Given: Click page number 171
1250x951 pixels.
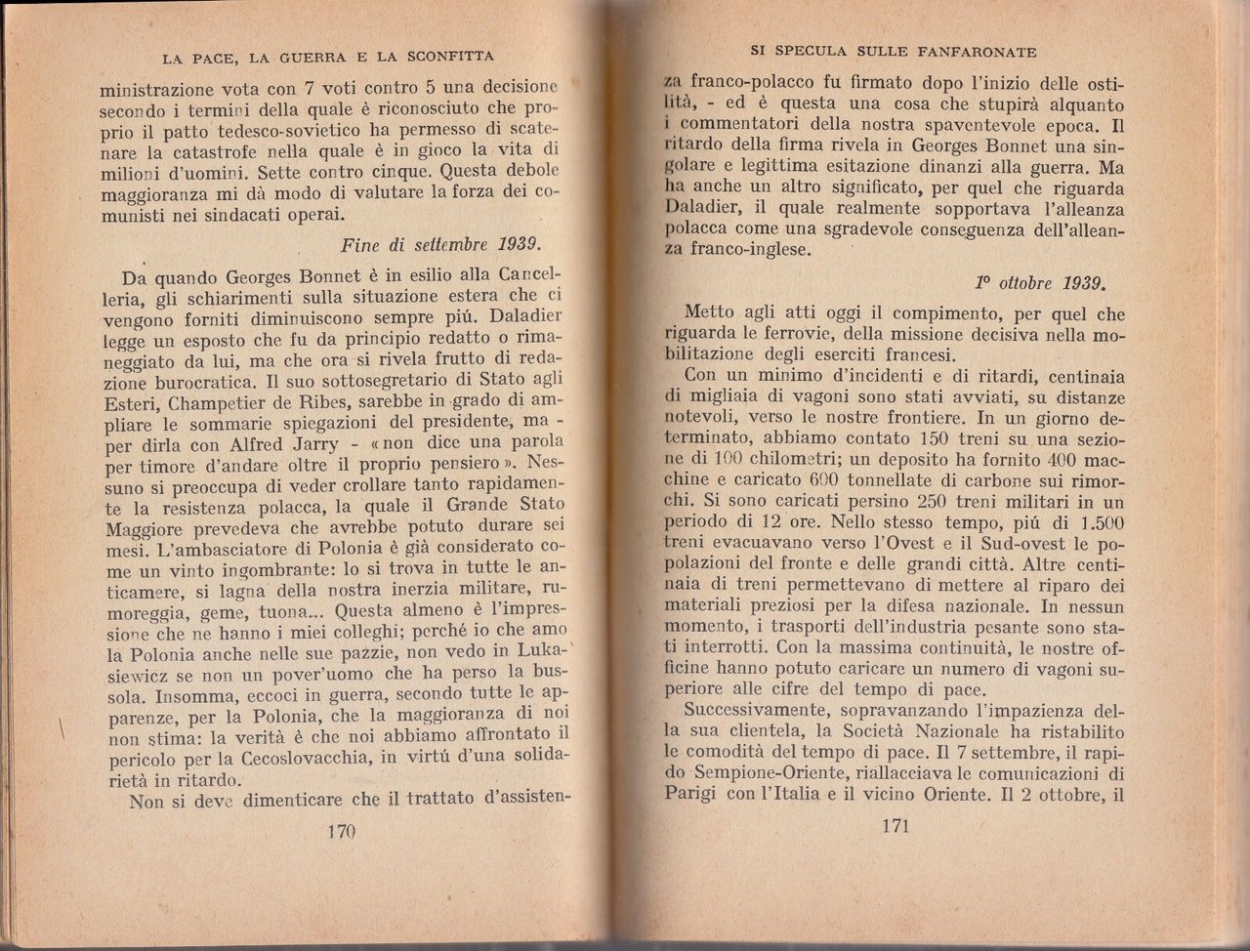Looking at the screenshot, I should click(x=896, y=825).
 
